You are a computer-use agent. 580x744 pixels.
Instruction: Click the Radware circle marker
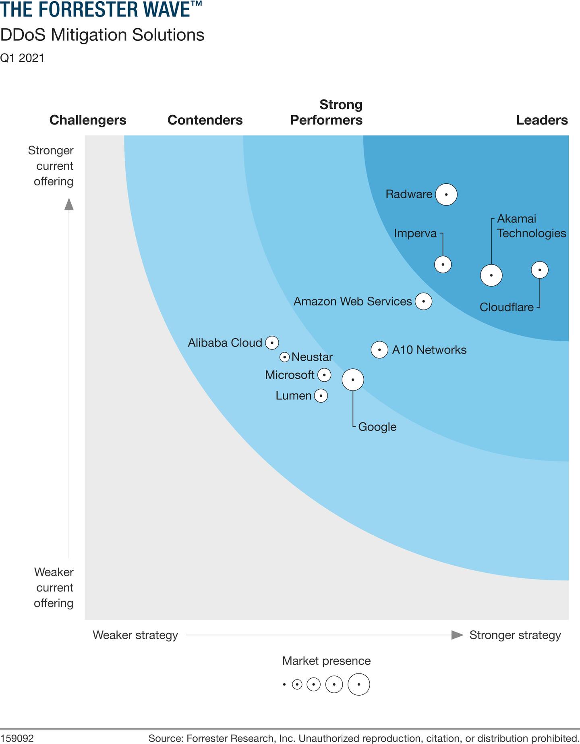pos(446,194)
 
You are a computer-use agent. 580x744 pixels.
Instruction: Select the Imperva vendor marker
pos(443,264)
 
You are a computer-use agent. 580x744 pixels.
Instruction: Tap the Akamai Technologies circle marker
pos(491,276)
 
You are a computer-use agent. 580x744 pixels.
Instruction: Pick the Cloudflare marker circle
pos(540,270)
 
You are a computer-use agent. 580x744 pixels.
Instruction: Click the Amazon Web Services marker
pos(423,301)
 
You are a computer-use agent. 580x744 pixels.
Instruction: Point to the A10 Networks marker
pos(379,349)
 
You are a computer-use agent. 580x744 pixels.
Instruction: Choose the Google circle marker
pos(353,380)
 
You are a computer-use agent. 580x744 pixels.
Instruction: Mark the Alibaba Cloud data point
pos(272,343)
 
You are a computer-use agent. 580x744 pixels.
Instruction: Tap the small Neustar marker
pos(284,357)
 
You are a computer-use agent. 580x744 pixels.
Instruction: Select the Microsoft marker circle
pos(324,375)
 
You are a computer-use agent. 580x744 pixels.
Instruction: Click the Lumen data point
pos(321,396)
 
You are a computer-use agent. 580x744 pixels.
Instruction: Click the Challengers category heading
pos(88,120)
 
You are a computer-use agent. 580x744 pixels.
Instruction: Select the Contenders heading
pos(205,120)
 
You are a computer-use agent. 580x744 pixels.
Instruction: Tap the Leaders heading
pos(542,120)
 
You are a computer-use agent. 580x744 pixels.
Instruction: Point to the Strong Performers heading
pos(326,112)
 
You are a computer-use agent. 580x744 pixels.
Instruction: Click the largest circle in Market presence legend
pos(358,684)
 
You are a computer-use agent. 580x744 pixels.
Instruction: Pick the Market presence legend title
pos(326,661)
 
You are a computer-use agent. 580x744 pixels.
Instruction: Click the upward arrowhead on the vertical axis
pos(69,204)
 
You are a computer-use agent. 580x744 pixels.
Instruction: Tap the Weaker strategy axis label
pos(135,635)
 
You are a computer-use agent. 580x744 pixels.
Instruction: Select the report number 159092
pos(17,738)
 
